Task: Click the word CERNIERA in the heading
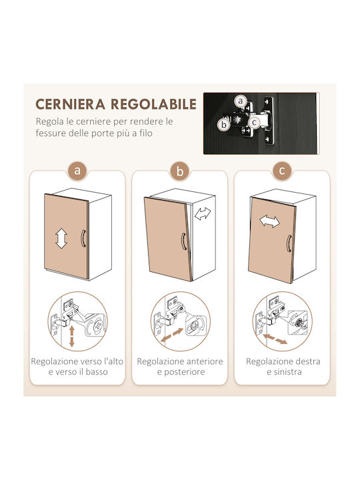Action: point(70,104)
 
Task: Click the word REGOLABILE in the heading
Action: point(153,104)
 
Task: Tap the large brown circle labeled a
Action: point(77,170)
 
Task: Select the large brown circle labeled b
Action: point(180,171)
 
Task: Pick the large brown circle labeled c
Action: point(282,170)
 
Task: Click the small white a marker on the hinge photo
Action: point(241,101)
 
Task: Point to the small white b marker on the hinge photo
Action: point(224,125)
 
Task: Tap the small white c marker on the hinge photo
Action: point(254,123)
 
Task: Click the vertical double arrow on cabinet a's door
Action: point(61,239)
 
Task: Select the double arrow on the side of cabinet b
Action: point(203,213)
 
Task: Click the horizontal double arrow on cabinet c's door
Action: point(269,221)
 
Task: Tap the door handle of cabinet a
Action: point(83,239)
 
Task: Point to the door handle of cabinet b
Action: point(184,241)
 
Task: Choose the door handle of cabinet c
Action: point(289,243)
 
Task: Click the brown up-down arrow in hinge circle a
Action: point(71,337)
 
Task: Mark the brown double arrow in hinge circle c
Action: point(275,339)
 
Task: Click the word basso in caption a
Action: point(97,372)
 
